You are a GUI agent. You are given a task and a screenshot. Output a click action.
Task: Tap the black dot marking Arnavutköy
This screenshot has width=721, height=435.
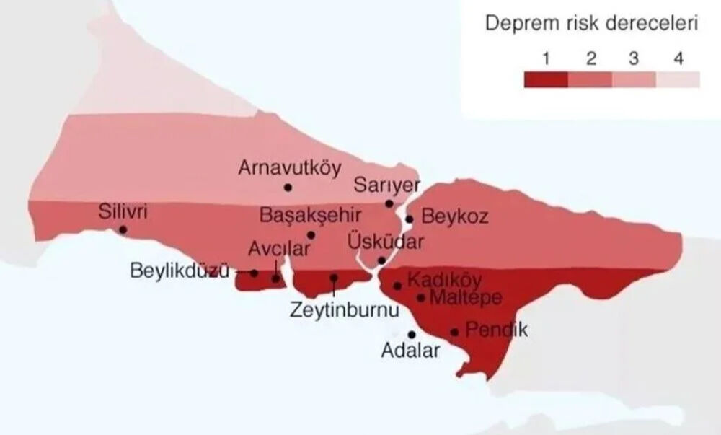[x=288, y=187]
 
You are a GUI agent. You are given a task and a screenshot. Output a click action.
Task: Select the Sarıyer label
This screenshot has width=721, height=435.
[x=386, y=185]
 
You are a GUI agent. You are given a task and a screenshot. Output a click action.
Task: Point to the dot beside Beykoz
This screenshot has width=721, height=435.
[x=410, y=219]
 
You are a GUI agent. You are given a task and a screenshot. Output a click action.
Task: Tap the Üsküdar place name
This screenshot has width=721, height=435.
[x=386, y=240]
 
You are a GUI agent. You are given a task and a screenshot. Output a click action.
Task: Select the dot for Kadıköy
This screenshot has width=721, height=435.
[x=397, y=286]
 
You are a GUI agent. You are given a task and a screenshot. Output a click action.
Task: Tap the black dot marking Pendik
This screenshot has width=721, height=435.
[x=454, y=332]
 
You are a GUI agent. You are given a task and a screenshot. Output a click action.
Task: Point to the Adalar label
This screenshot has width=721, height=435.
[x=411, y=352]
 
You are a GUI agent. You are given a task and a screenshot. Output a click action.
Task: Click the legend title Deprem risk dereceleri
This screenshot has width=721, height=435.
[x=591, y=23]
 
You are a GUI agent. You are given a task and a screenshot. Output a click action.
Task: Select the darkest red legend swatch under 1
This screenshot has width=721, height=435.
[x=546, y=79]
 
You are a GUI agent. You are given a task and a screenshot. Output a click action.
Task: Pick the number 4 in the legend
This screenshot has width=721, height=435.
[x=678, y=58]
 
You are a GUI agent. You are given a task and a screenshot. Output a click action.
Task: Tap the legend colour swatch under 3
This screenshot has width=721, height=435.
[x=634, y=79]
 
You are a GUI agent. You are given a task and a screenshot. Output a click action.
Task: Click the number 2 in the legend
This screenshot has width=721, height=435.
[x=590, y=58]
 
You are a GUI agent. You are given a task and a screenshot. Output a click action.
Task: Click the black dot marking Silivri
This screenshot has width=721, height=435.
[x=123, y=229]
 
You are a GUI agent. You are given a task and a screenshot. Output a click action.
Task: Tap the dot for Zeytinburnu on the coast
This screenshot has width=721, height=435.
[x=334, y=277]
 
